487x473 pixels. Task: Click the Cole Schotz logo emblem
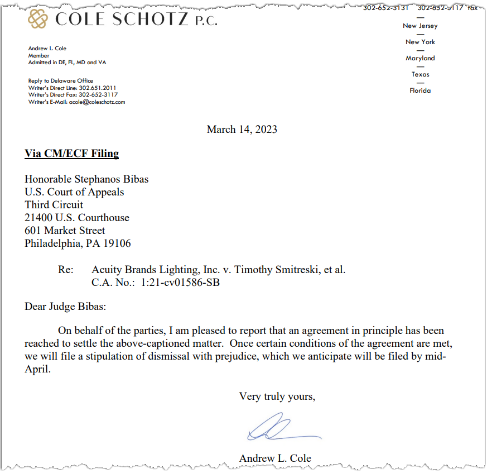click(x=38, y=20)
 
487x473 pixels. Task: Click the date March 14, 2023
click(x=242, y=130)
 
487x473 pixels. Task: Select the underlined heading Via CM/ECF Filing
click(x=71, y=154)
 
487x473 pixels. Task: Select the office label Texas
click(x=420, y=74)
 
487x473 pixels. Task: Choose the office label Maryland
click(x=420, y=58)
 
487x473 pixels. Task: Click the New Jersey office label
click(x=420, y=26)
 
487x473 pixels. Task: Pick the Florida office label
click(x=420, y=90)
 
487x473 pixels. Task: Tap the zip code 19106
click(x=116, y=243)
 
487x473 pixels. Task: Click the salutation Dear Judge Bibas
click(x=65, y=307)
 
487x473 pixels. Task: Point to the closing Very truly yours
click(x=277, y=396)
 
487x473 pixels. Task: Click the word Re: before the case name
click(x=66, y=270)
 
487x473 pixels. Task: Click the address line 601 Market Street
click(x=65, y=231)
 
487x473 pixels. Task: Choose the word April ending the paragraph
click(x=37, y=370)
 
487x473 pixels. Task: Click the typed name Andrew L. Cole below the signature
click(x=275, y=458)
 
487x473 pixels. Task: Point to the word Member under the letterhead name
click(x=39, y=56)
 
